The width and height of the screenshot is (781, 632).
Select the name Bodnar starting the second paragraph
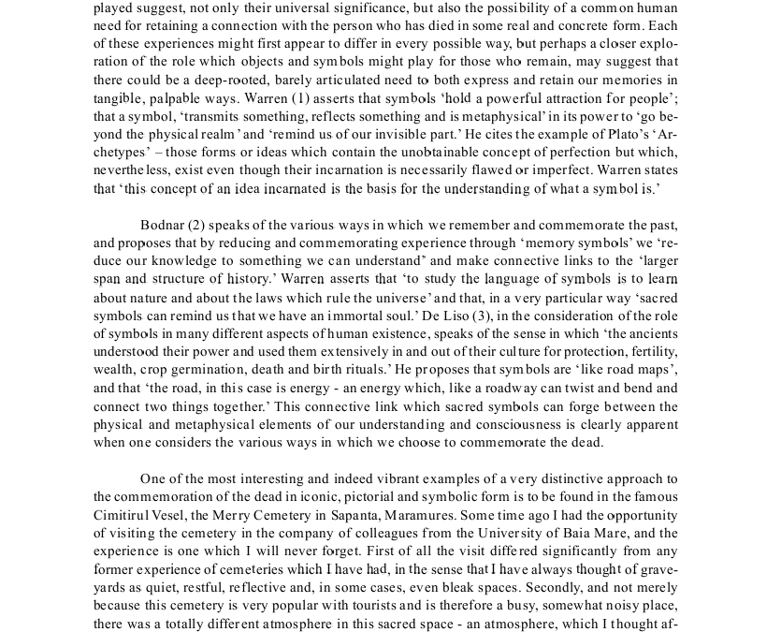(162, 225)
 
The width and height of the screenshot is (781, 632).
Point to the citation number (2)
(196, 225)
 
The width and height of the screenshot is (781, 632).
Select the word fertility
(653, 352)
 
